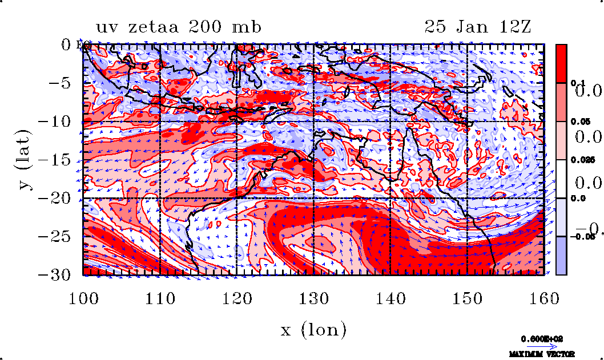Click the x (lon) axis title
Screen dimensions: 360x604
(x=313, y=330)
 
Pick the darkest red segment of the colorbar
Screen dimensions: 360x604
(x=561, y=63)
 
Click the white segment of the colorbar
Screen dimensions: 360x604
(x=561, y=179)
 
